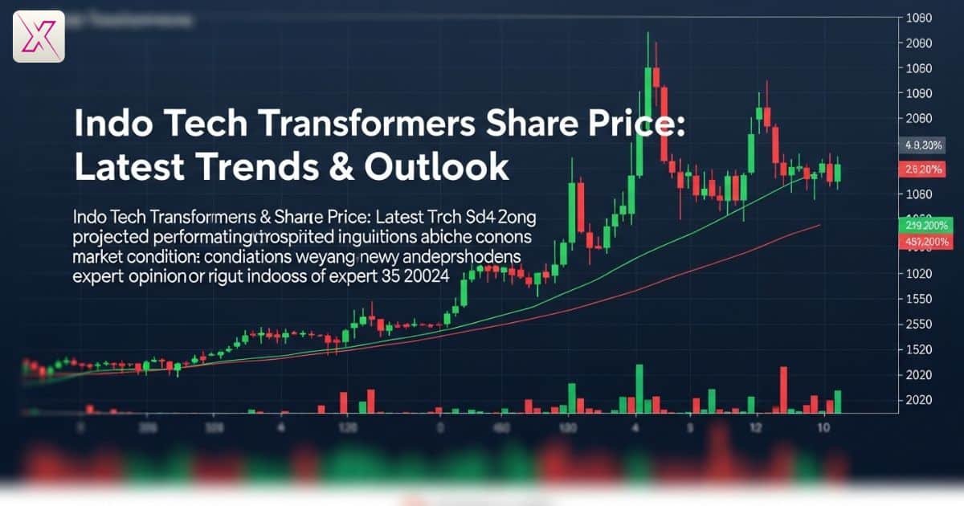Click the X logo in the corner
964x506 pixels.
[39, 36]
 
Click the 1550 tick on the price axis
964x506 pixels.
[918, 299]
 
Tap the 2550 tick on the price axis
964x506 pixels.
[918, 324]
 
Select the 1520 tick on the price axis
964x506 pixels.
[918, 349]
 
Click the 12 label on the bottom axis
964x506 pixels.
[755, 429]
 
